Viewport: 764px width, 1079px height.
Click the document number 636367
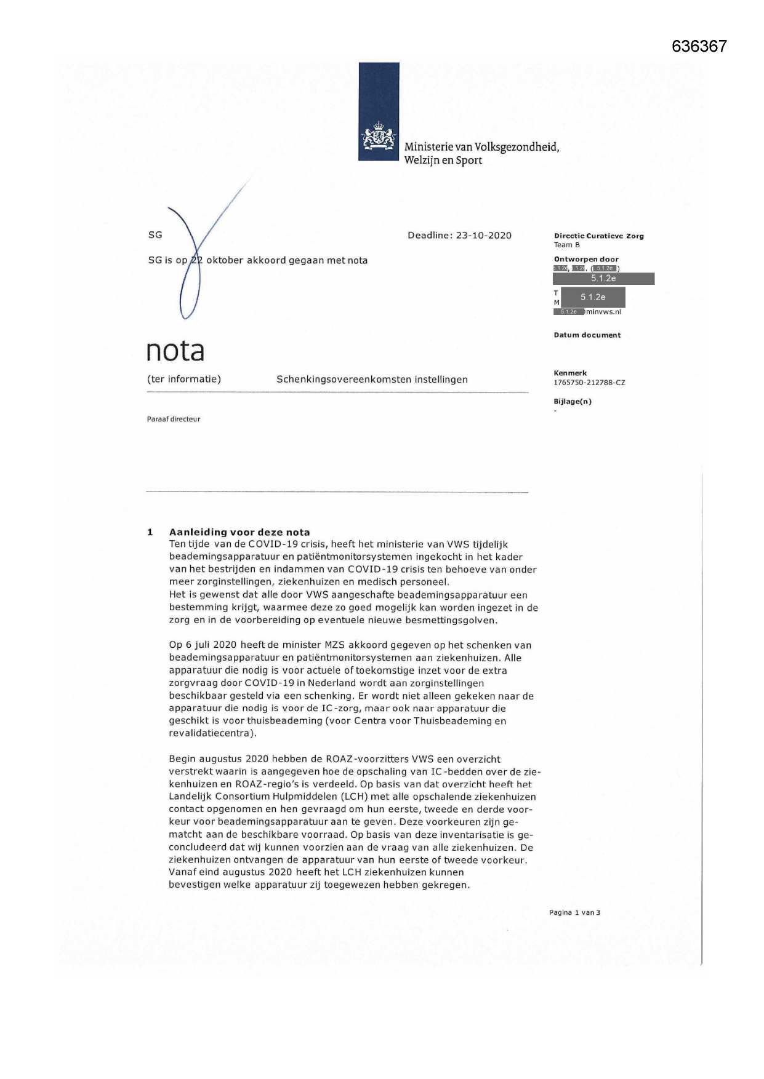[x=699, y=46]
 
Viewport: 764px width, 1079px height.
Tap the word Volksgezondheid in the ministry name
[x=517, y=147]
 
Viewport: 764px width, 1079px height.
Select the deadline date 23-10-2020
[x=483, y=236]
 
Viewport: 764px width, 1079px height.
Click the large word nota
[x=175, y=351]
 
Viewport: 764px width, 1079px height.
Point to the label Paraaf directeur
[x=174, y=419]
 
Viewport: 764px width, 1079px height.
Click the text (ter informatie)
[x=183, y=379]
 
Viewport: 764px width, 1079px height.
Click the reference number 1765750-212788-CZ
[x=589, y=383]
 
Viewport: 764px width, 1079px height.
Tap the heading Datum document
[x=587, y=335]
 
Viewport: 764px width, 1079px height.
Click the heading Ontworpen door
[x=586, y=259]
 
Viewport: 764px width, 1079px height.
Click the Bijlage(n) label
[x=573, y=402]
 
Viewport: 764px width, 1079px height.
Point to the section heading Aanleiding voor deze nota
[x=239, y=532]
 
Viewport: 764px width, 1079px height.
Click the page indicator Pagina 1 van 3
[x=574, y=912]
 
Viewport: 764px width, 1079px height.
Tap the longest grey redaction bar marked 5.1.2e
[x=603, y=279]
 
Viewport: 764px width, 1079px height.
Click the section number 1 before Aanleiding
[x=150, y=532]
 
